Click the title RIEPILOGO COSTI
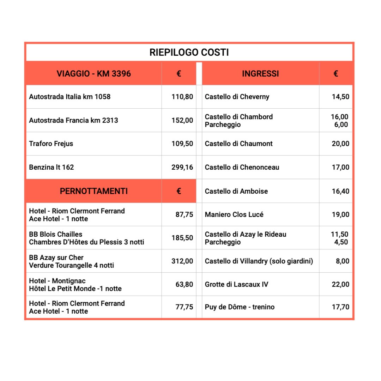pyautogui.click(x=189, y=53)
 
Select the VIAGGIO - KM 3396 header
pyautogui.click(x=93, y=74)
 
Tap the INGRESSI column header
pyautogui.click(x=260, y=74)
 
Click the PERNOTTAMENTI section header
pyautogui.click(x=93, y=191)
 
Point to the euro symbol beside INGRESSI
pyautogui.click(x=335, y=74)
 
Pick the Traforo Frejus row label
pyautogui.click(x=51, y=144)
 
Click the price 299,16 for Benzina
pyautogui.click(x=182, y=167)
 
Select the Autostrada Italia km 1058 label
pyautogui.click(x=69, y=97)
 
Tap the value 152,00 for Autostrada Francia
pyautogui.click(x=182, y=120)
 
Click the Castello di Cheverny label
pyautogui.click(x=237, y=97)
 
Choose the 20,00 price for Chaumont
pyautogui.click(x=340, y=144)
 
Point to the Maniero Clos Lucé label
pyautogui.click(x=234, y=214)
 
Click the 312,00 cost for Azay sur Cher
pyautogui.click(x=182, y=261)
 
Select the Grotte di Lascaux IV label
pyautogui.click(x=236, y=284)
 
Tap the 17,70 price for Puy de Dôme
pyautogui.click(x=340, y=307)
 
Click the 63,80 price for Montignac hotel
pyautogui.click(x=184, y=284)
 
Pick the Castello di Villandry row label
pyautogui.click(x=259, y=261)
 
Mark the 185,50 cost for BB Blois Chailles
pyautogui.click(x=182, y=238)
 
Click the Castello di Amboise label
pyautogui.click(x=236, y=191)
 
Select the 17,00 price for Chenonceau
pyautogui.click(x=340, y=167)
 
